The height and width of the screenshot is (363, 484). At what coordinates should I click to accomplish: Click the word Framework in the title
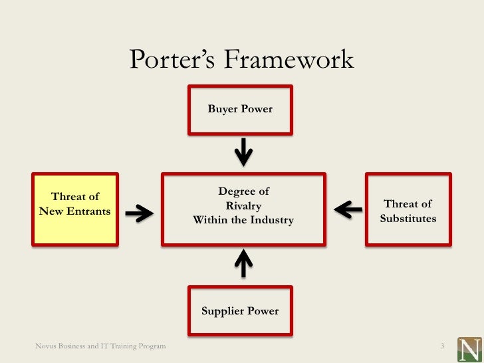[288, 60]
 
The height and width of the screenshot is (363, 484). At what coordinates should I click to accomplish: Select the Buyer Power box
[240, 109]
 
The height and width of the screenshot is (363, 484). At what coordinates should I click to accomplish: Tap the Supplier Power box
[240, 311]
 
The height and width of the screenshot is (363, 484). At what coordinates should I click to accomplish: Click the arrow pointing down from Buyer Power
[244, 152]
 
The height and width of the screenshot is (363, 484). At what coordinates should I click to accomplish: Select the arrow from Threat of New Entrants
[139, 212]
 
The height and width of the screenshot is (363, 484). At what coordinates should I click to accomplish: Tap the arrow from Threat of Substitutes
[348, 210]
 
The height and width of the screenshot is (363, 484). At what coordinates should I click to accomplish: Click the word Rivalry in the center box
[243, 206]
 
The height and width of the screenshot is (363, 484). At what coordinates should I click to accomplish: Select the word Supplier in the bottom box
[223, 311]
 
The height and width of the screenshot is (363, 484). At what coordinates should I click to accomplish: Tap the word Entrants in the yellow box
[92, 211]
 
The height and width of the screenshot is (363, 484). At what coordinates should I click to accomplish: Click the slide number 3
[441, 346]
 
